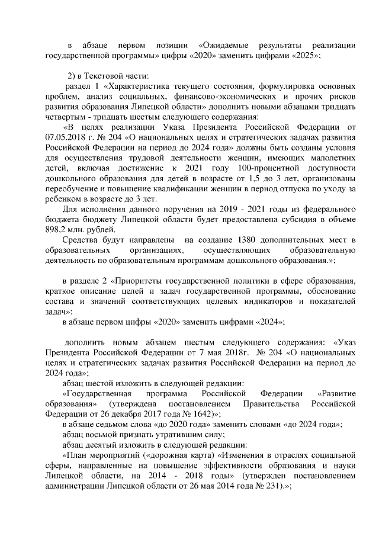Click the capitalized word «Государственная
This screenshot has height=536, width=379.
(95, 394)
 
